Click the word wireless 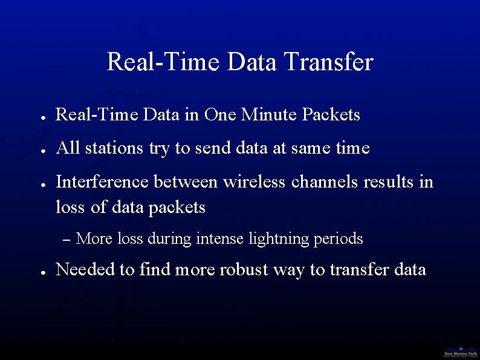(254, 182)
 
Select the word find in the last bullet (155, 270)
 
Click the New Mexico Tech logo (461, 352)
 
